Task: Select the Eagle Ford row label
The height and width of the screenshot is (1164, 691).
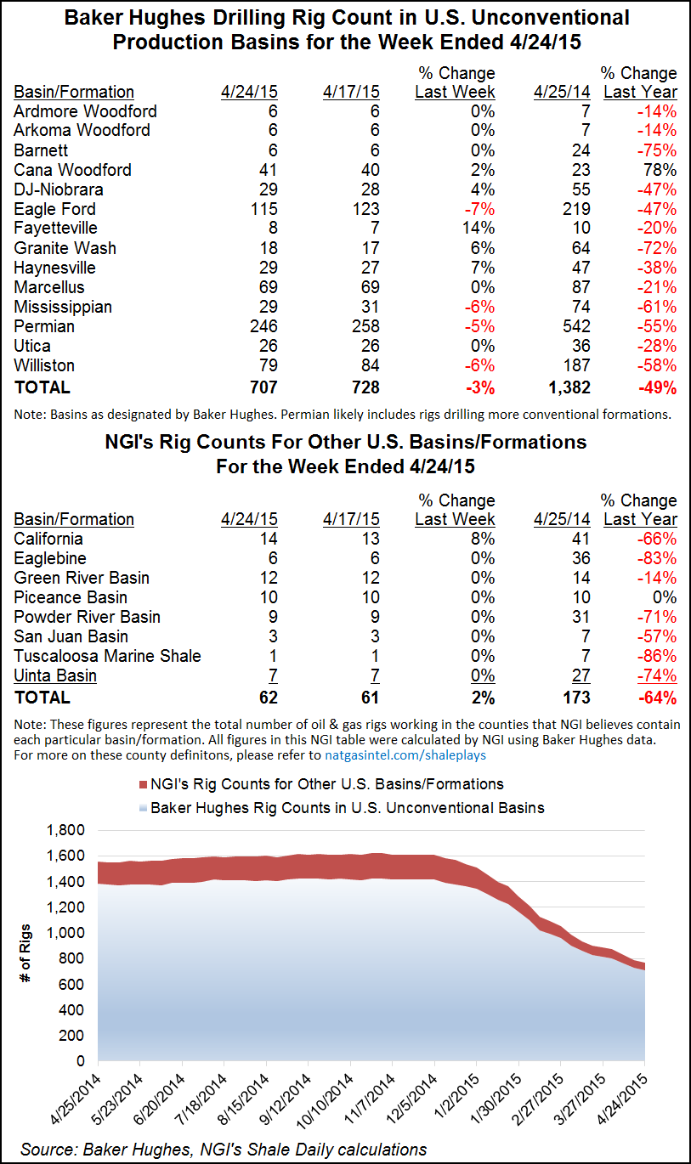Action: (54, 209)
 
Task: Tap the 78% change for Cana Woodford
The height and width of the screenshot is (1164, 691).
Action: (660, 170)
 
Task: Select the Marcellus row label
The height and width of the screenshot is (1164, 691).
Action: (53, 287)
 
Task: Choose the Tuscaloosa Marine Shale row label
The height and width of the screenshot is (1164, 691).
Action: (107, 656)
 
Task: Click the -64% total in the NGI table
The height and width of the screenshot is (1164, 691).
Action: (658, 698)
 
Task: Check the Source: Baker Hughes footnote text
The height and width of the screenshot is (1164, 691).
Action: (224, 1149)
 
